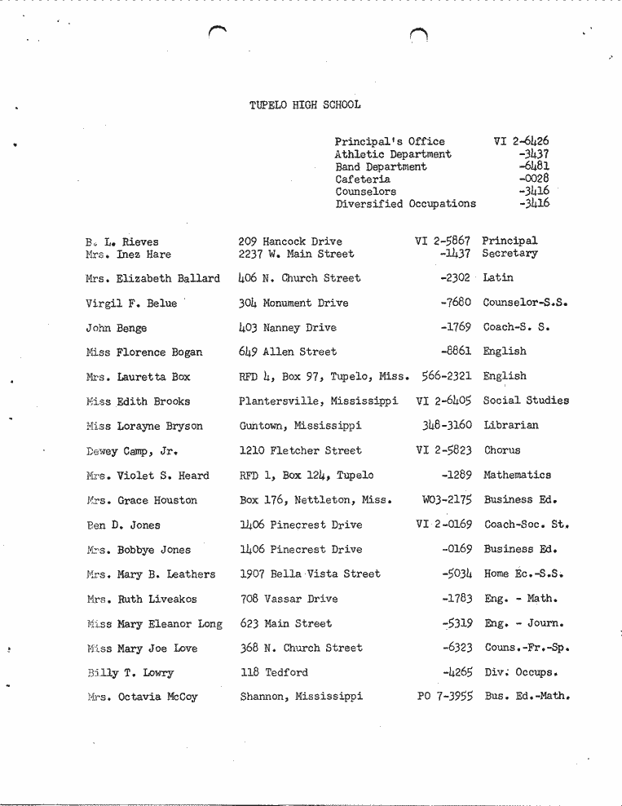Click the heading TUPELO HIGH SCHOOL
click(x=305, y=105)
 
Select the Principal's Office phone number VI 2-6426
click(x=521, y=141)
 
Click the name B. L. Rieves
click(x=121, y=241)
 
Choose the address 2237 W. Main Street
click(x=296, y=254)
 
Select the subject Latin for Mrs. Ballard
click(x=498, y=278)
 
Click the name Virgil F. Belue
click(x=130, y=303)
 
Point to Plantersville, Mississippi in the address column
click(x=318, y=401)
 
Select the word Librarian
click(x=510, y=425)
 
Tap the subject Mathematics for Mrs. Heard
click(x=517, y=475)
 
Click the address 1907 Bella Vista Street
click(x=310, y=574)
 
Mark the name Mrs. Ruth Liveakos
click(x=140, y=599)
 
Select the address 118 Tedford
click(x=274, y=673)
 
